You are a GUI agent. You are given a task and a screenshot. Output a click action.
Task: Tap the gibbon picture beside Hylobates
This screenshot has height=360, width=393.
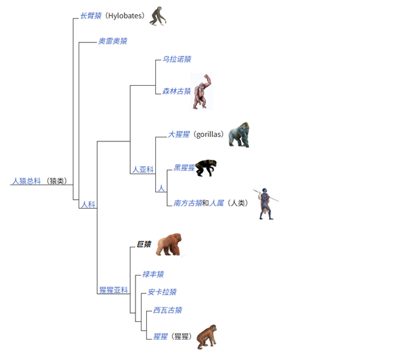tap(157, 16)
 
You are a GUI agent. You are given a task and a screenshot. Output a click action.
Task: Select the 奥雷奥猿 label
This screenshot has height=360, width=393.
tap(113, 41)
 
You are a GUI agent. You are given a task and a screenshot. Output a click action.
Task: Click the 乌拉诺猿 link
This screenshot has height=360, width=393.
tap(177, 60)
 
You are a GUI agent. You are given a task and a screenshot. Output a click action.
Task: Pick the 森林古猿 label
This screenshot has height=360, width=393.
tap(176, 90)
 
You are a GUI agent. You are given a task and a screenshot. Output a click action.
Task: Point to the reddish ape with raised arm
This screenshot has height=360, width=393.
tap(202, 92)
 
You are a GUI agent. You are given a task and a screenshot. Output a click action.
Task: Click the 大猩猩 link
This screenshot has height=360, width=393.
tap(179, 134)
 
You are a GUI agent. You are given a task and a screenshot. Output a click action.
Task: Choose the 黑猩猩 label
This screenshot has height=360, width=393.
tap(184, 168)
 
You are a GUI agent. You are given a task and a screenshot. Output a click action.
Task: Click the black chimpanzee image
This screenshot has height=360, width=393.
tap(207, 168)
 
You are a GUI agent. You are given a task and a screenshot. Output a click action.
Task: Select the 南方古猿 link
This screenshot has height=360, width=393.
tap(188, 203)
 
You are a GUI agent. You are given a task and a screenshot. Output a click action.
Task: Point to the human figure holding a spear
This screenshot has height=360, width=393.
tap(265, 204)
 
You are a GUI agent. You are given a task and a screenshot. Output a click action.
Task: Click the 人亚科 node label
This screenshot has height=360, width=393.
tap(143, 170)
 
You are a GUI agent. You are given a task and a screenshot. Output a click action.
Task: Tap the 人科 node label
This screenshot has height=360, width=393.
tap(88, 204)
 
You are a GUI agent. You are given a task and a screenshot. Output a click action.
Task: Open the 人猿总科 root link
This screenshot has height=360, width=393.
tap(26, 181)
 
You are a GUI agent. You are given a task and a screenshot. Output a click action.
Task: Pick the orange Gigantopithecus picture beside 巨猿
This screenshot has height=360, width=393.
tap(168, 245)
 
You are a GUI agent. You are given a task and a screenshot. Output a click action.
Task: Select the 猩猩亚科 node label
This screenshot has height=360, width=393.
tap(113, 289)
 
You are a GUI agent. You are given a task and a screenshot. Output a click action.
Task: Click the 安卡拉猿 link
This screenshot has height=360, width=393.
tap(162, 292)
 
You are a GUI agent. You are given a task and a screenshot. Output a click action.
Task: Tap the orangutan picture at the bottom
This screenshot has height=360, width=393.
tap(207, 336)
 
